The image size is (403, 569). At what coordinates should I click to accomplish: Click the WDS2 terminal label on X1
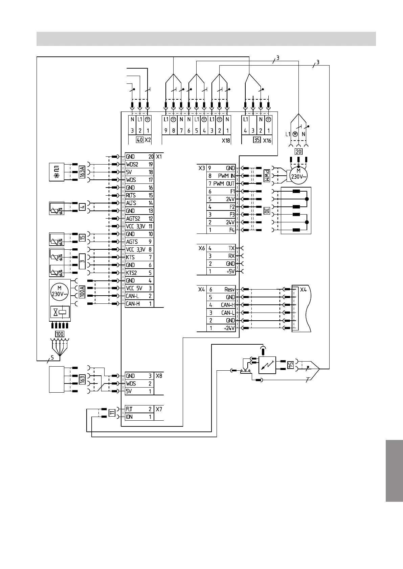132,165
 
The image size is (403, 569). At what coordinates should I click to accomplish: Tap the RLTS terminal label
131,195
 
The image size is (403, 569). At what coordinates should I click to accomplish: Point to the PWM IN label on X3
226,176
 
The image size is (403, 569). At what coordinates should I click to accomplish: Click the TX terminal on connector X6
231,248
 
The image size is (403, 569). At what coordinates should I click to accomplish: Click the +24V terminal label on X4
229,328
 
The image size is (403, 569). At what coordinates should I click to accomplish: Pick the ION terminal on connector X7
129,417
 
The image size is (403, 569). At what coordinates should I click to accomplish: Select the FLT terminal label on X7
129,409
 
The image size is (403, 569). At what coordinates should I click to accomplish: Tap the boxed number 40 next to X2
139,140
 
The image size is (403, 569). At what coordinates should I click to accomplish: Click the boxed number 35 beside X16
257,140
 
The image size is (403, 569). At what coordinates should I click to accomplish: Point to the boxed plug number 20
298,151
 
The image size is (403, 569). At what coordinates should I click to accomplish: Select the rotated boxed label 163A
82,172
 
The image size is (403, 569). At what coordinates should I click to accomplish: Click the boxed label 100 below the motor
60,334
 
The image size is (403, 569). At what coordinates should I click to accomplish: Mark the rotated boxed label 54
290,365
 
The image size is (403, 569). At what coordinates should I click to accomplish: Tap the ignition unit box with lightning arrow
267,365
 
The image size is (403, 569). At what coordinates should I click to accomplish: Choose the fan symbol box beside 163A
57,172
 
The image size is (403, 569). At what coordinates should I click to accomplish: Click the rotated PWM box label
267,176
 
